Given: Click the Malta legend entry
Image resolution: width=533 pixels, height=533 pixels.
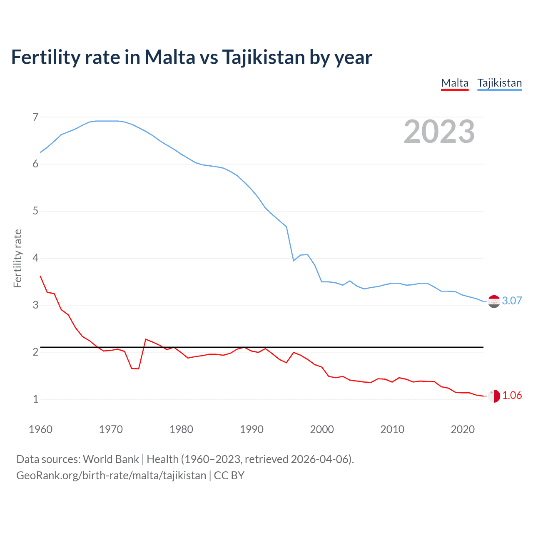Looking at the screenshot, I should point(455,83).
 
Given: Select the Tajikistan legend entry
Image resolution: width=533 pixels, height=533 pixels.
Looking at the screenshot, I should point(499,83).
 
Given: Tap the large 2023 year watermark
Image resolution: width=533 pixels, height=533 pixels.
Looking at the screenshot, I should point(439,132).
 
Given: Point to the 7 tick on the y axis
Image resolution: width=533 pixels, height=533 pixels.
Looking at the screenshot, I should point(35,117).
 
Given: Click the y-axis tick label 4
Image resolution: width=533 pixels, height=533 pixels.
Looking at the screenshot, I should point(35,258).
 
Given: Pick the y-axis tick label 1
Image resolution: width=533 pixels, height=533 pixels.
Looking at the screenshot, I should point(35,399).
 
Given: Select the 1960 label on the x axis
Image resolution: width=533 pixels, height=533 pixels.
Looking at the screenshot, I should point(40,429).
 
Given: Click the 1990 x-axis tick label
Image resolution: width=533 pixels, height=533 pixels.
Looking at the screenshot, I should point(252,429).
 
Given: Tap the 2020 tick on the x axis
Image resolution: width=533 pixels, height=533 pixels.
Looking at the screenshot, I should point(463,429).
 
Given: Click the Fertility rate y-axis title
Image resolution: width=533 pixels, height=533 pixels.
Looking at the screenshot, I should point(17,258).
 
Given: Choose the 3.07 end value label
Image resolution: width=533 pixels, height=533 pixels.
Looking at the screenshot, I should point(512,301).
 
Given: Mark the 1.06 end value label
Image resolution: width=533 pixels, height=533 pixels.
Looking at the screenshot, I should point(512,395).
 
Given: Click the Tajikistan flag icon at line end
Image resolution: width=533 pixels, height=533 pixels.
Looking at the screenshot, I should point(494,301).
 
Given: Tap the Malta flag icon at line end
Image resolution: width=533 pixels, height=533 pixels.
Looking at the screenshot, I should point(494,396).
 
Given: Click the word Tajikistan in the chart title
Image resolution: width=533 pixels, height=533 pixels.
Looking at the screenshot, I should point(263,57).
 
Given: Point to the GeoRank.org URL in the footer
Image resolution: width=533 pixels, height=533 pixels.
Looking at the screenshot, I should point(111,476).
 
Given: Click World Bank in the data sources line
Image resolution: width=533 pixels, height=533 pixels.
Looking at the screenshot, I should point(111,459).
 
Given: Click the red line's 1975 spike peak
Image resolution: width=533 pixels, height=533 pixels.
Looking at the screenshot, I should point(146,339).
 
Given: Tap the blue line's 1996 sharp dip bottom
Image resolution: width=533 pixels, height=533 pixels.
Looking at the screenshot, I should point(294,261).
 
